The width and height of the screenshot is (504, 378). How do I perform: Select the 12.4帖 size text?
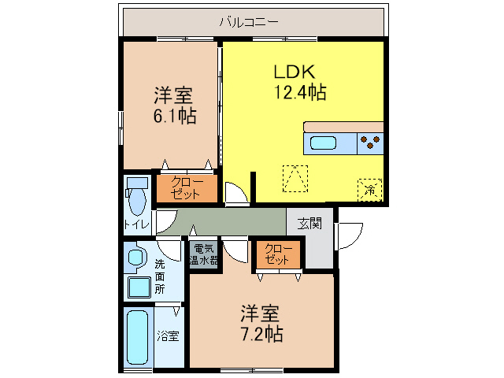299,92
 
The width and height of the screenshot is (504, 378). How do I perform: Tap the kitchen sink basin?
323,143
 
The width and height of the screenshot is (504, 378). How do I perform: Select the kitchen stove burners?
370,143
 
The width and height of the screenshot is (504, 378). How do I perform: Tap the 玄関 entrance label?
309,223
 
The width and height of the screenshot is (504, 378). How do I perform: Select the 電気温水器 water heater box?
204,254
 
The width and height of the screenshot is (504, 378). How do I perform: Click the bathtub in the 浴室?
138,338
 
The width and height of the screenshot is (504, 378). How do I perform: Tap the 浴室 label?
167,336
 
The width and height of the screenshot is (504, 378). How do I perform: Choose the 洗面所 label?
160,276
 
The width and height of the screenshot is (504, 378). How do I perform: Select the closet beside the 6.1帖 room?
186,189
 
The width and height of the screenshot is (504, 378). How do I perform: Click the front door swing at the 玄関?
349,235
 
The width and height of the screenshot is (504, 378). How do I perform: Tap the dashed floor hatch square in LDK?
296,178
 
